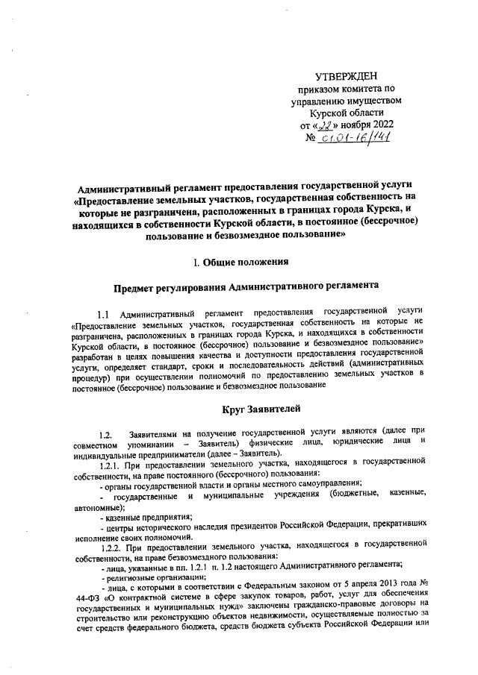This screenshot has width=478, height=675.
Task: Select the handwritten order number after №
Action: [x=357, y=137]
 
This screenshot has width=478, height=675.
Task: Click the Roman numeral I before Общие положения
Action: [x=196, y=262]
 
